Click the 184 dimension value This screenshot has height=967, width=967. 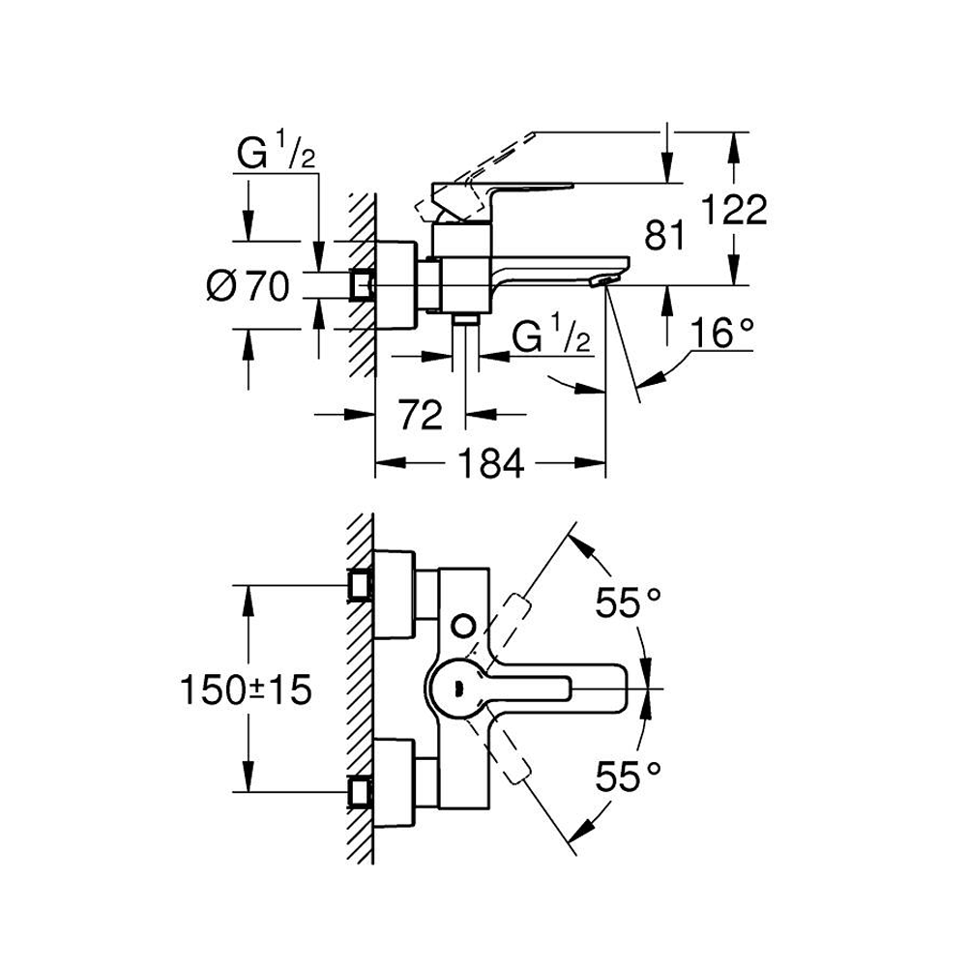pos(490,464)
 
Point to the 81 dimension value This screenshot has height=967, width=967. pos(665,235)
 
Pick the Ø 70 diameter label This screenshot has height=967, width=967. pos(249,285)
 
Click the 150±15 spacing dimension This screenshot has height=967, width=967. pos(246,689)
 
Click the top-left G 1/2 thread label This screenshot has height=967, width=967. pos(277,154)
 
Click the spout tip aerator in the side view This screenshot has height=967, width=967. pos(601,279)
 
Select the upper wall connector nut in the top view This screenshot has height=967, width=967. pos(361,584)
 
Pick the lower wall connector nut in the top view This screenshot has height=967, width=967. pos(361,791)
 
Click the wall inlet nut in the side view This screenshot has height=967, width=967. pos(362,285)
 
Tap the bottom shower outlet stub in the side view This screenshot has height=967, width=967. pos(467,320)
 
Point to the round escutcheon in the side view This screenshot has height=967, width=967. pos(396,285)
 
